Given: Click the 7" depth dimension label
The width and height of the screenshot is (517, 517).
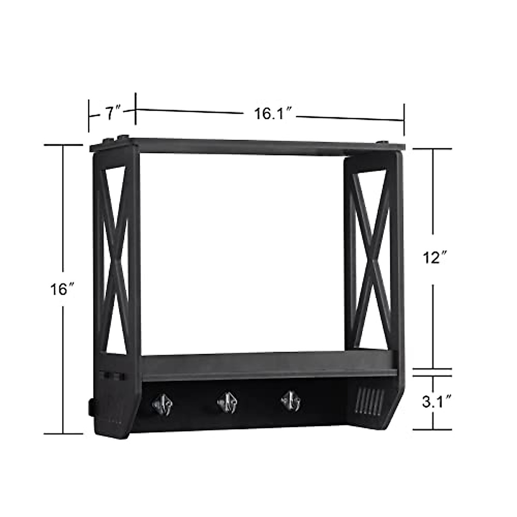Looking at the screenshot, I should (113, 114).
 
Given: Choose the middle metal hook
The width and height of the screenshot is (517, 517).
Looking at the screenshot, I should (227, 402).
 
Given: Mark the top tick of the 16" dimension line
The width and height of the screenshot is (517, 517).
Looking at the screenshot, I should (63, 145).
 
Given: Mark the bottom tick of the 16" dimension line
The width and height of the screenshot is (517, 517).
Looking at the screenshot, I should (63, 433).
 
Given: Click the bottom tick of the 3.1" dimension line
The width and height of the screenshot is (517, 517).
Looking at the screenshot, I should (433, 430).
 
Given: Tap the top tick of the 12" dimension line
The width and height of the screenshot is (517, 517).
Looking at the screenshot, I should (433, 149).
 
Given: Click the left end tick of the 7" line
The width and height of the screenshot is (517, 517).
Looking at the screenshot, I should (89, 115).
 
